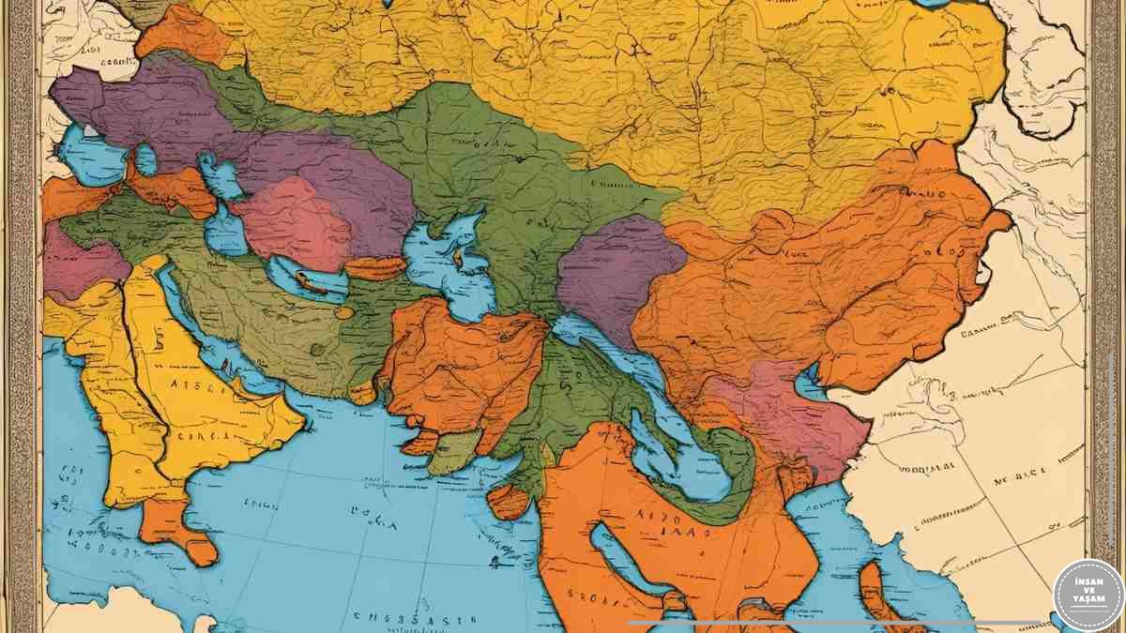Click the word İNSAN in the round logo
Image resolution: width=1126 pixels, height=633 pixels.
coord(1088,581)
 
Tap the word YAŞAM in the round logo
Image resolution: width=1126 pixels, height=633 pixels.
coord(1088,603)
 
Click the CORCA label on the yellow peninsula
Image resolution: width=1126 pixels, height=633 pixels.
coord(199,434)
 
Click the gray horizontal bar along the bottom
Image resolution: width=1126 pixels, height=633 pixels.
coord(835,622)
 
